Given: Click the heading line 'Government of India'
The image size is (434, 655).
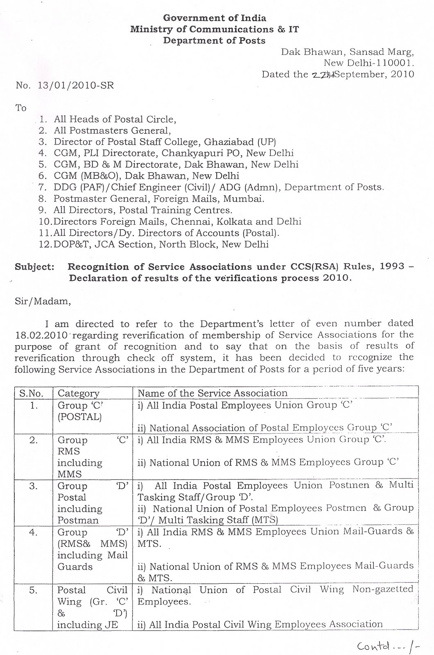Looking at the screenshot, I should pos(215,18).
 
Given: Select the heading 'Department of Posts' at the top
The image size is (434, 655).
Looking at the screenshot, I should pos(214,41).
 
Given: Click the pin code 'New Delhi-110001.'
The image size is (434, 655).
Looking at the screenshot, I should pos(368,63).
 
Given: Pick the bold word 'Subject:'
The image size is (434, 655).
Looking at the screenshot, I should pos(34,267).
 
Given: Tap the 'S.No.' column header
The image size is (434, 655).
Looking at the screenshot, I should pos(32,393).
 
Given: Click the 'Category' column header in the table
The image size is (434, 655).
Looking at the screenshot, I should pos(79,393).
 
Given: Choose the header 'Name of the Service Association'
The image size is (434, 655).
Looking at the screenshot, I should pos(212,393).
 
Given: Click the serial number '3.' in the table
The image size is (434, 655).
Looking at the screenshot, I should pos(34,486).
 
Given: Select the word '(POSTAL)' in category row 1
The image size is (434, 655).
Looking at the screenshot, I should pos(79,417).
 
